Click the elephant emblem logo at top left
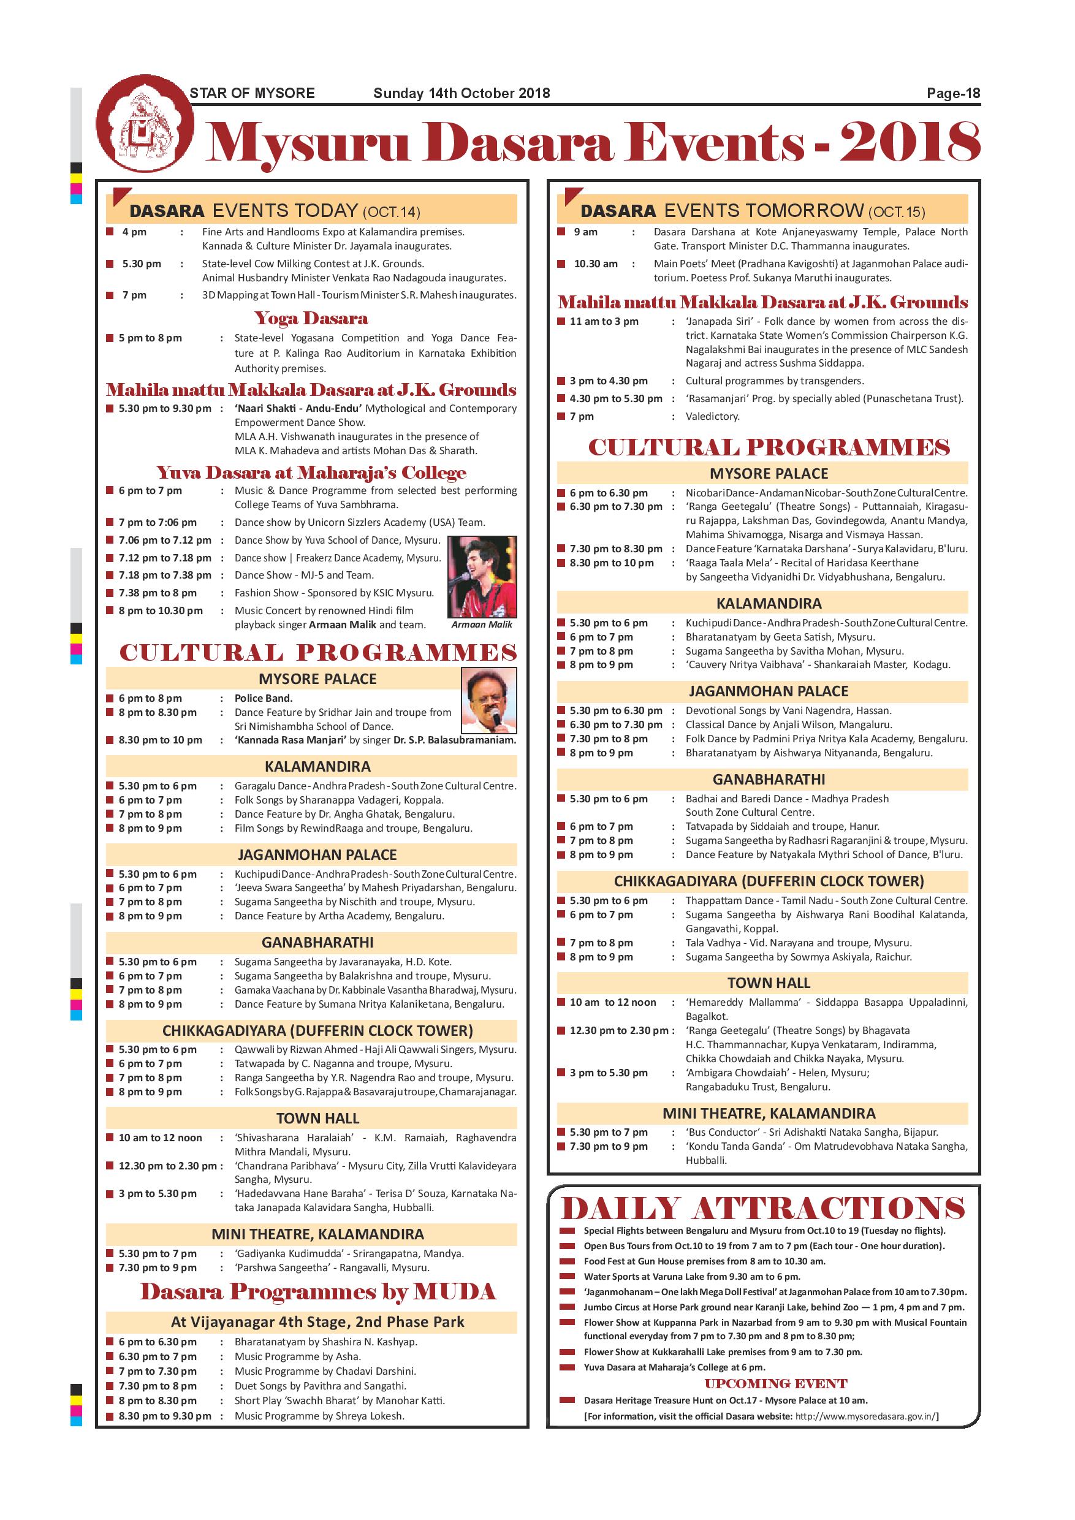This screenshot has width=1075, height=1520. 145,124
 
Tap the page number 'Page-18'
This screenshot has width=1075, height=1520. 952,93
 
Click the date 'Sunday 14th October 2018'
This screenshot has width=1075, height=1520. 462,93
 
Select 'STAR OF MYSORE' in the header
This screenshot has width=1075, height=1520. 251,93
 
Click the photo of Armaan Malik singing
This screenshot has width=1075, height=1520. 482,577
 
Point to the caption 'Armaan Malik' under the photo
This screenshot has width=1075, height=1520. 482,625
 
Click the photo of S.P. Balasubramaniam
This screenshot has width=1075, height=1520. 489,701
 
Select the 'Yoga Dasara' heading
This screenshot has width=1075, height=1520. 311,319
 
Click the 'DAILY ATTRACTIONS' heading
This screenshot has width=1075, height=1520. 762,1209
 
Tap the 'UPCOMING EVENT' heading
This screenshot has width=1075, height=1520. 776,1383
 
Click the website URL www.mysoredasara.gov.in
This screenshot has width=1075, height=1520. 865,1416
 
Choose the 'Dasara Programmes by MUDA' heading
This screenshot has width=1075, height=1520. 317,1291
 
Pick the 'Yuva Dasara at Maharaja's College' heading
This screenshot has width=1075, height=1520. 311,473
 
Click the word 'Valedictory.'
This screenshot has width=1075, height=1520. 712,416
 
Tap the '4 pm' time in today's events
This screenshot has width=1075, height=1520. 134,232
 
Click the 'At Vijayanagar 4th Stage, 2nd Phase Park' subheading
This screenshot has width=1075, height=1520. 317,1322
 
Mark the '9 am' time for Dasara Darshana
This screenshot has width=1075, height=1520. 586,232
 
